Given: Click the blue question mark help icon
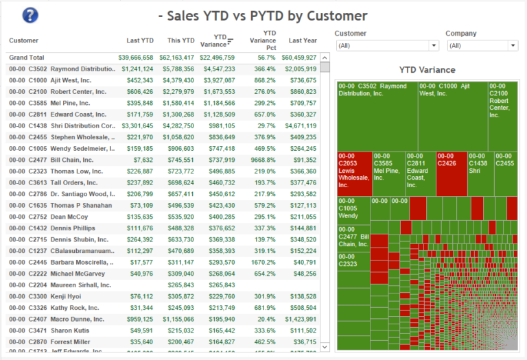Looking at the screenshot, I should pyautogui.click(x=30, y=16).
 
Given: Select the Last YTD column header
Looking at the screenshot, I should pyautogui.click(x=140, y=40).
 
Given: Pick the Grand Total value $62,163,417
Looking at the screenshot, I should pyautogui.click(x=177, y=58).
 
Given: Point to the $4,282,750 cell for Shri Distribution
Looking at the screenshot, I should pyautogui.click(x=177, y=126).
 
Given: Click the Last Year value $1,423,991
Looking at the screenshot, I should pyautogui.click(x=299, y=319).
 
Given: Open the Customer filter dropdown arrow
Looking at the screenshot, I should pyautogui.click(x=433, y=45).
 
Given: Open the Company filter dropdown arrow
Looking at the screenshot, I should pyautogui.click(x=513, y=45).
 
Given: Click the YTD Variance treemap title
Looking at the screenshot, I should pyautogui.click(x=427, y=70).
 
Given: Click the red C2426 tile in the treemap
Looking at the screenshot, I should pyautogui.click(x=451, y=173).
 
